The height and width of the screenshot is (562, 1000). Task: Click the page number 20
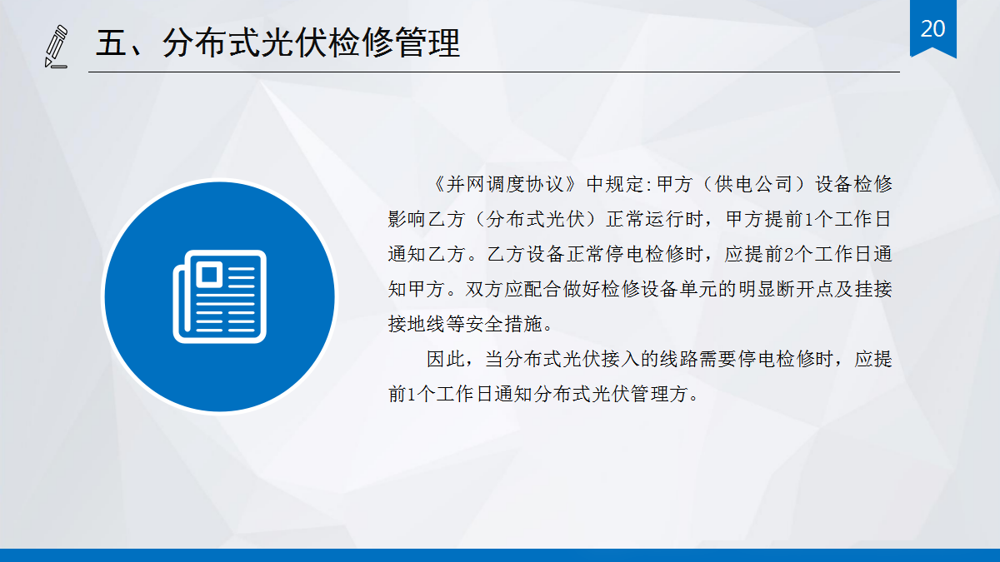point(933,28)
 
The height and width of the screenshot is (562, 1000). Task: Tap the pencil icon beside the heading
point(57,46)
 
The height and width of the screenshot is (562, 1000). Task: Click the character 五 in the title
point(111,42)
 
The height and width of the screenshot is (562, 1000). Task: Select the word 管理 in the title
point(426,42)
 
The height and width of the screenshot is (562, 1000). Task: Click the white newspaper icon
point(218,296)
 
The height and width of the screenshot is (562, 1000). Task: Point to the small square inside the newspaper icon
point(208,273)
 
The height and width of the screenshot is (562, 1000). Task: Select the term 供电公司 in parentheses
point(742,185)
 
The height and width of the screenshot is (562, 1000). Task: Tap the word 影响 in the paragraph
point(407,220)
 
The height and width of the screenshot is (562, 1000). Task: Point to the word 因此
point(446,360)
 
